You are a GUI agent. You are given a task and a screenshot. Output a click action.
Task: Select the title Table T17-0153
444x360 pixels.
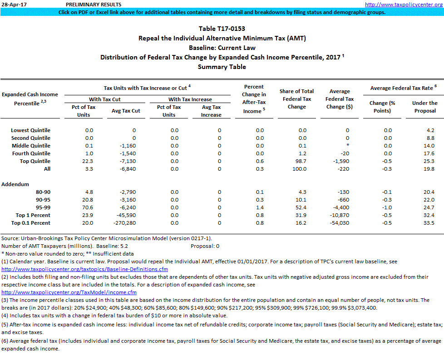point(222,29)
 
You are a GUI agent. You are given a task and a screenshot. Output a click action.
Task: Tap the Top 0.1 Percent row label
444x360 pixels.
point(31,223)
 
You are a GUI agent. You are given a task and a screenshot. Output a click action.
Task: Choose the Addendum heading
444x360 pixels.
point(15,184)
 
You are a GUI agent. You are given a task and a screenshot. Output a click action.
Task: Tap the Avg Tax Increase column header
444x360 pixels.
point(211,111)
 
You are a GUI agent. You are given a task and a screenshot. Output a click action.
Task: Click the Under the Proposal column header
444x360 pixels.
point(424,107)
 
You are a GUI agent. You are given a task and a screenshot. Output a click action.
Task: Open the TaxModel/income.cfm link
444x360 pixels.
point(69,292)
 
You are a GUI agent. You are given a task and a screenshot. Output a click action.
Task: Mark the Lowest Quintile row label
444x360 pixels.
point(30,130)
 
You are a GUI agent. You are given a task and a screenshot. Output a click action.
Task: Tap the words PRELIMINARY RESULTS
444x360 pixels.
point(93,5)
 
